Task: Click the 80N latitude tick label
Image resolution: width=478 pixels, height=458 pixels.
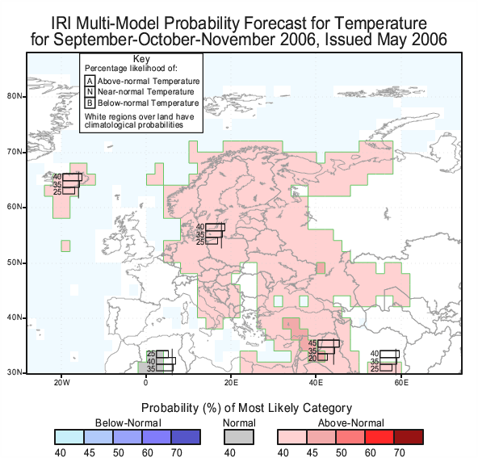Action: coord(14,96)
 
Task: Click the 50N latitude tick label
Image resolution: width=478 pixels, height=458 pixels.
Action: coord(14,263)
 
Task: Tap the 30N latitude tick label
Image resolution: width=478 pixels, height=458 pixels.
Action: coord(14,372)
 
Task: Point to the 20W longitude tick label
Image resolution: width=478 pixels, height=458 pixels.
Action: coord(62,383)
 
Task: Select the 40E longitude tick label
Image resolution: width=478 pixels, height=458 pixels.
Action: coord(316,383)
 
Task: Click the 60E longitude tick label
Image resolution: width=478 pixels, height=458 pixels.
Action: coord(401,383)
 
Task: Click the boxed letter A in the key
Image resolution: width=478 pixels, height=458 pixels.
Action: coord(90,81)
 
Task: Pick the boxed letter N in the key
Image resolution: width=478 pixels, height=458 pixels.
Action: coord(90,92)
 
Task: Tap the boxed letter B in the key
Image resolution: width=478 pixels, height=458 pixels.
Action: coord(90,103)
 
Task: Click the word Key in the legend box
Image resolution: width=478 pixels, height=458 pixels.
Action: coord(141,59)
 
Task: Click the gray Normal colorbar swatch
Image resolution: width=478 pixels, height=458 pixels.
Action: coord(239,437)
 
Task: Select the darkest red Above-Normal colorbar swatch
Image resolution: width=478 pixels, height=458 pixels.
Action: coord(409,437)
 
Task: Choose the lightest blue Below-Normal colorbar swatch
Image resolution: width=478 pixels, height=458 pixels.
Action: coord(69,437)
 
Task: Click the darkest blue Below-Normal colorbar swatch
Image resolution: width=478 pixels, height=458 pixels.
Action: coord(186,437)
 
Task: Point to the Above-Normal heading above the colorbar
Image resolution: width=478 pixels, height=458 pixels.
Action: coord(350,423)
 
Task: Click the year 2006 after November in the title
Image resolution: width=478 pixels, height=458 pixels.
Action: coord(297,40)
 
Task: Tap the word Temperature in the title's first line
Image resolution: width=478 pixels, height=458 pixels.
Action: coord(380,23)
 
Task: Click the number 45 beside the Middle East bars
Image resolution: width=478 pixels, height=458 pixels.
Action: coord(312,343)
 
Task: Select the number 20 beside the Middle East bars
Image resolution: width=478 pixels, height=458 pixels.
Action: coord(312,359)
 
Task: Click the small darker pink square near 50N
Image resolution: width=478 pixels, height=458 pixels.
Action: coord(321,268)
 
